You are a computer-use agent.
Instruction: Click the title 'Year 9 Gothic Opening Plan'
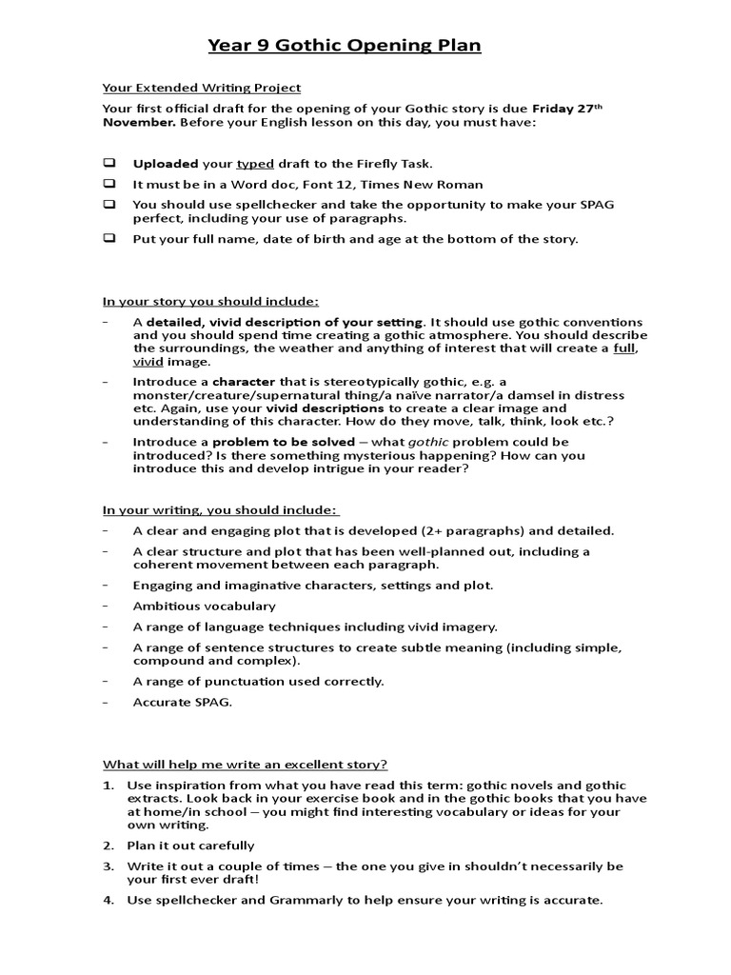[x=345, y=46]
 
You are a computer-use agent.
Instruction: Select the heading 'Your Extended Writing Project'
[x=202, y=88]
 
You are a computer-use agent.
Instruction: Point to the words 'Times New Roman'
[x=436, y=185]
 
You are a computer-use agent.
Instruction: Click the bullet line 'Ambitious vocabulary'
[x=204, y=606]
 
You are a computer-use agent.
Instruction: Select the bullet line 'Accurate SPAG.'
[x=182, y=702]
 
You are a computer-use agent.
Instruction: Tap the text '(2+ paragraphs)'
[x=469, y=530]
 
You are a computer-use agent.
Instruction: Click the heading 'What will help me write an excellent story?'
[x=245, y=765]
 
